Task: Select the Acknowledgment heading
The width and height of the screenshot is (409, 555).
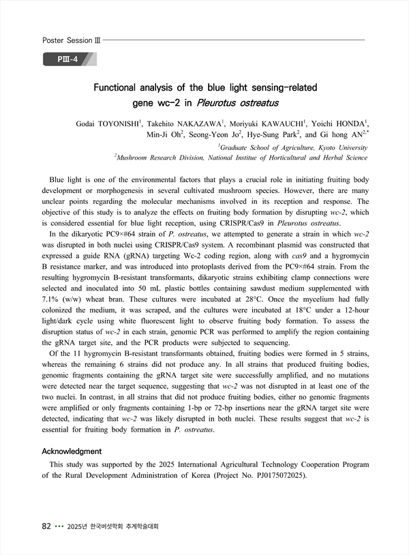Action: click(x=72, y=451)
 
